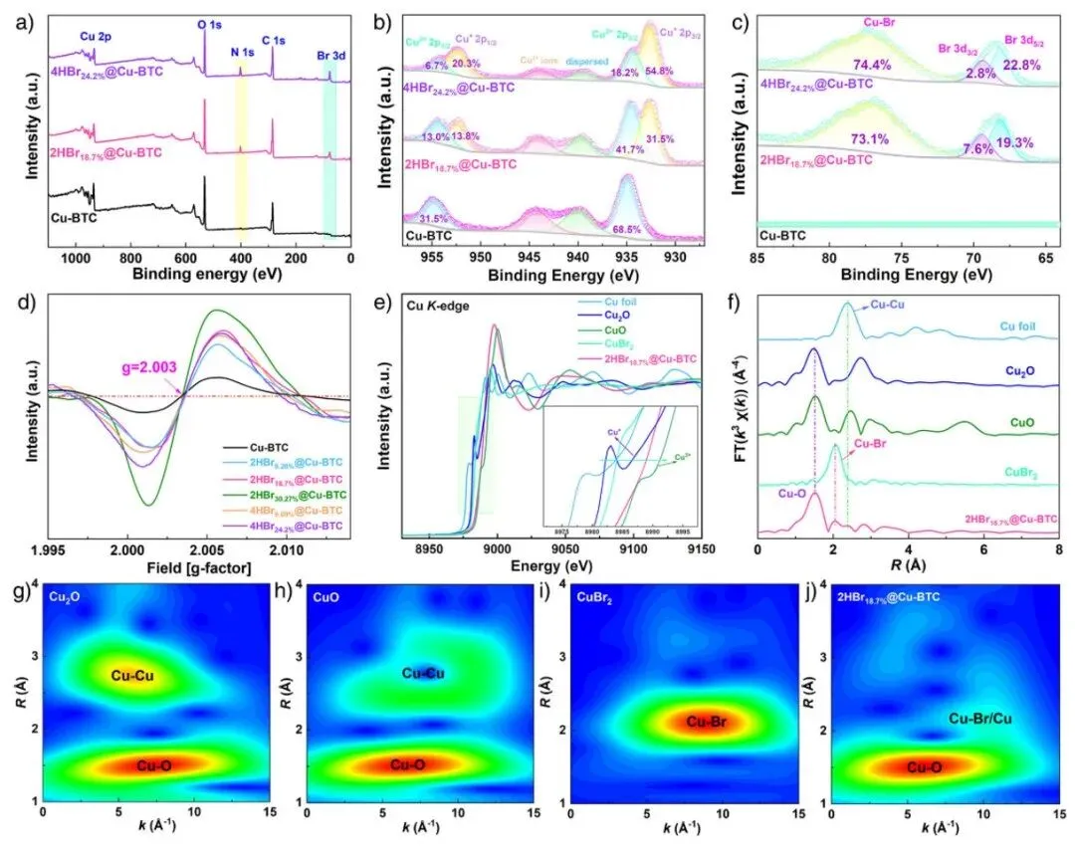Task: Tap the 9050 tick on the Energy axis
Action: [x=565, y=549]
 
